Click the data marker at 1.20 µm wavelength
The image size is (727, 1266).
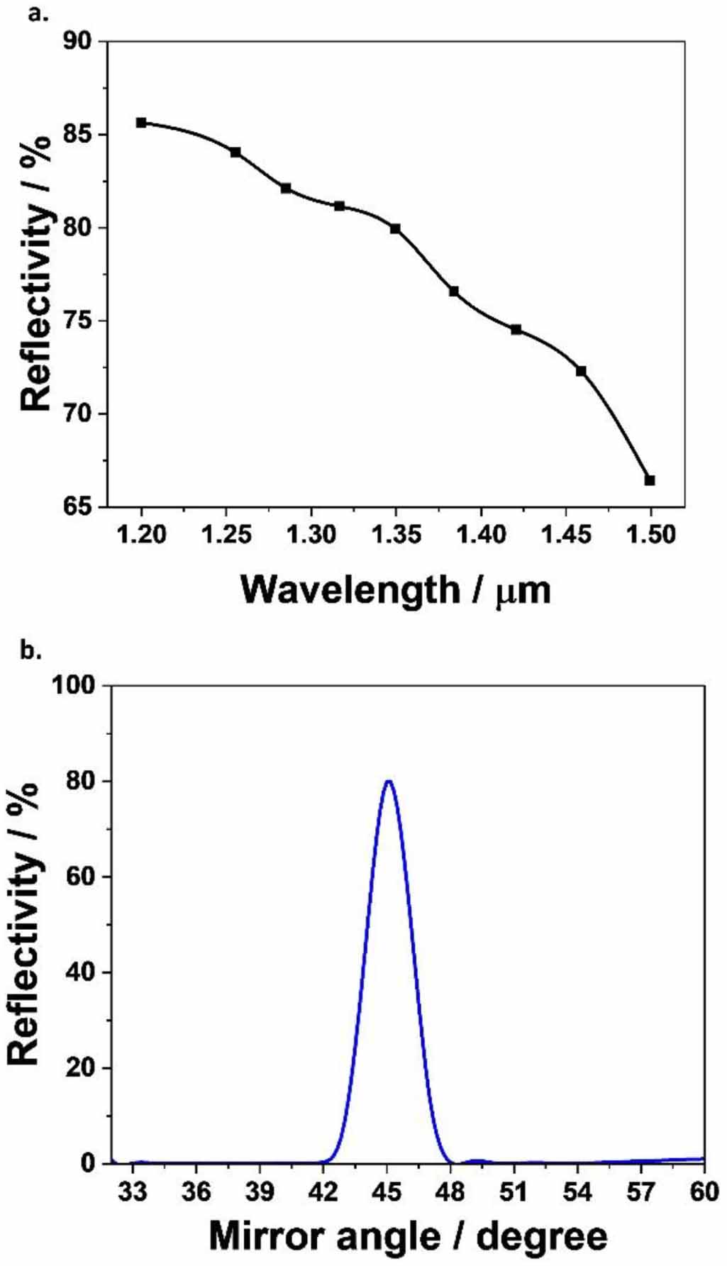141,123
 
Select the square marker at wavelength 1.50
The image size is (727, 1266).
650,480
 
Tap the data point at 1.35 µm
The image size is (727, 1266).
395,228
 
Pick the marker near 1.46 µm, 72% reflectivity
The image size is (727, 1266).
581,371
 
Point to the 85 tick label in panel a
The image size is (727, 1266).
77,134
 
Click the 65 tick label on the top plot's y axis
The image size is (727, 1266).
77,506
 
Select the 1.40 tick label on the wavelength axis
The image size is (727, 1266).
481,534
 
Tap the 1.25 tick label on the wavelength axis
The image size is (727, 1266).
226,534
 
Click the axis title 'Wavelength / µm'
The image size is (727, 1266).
395,589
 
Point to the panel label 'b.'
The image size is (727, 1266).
31,650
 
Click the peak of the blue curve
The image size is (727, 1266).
388,781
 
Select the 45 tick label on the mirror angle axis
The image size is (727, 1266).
388,1191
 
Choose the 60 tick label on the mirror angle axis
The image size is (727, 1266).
704,1191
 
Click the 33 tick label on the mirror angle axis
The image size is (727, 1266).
133,1191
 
